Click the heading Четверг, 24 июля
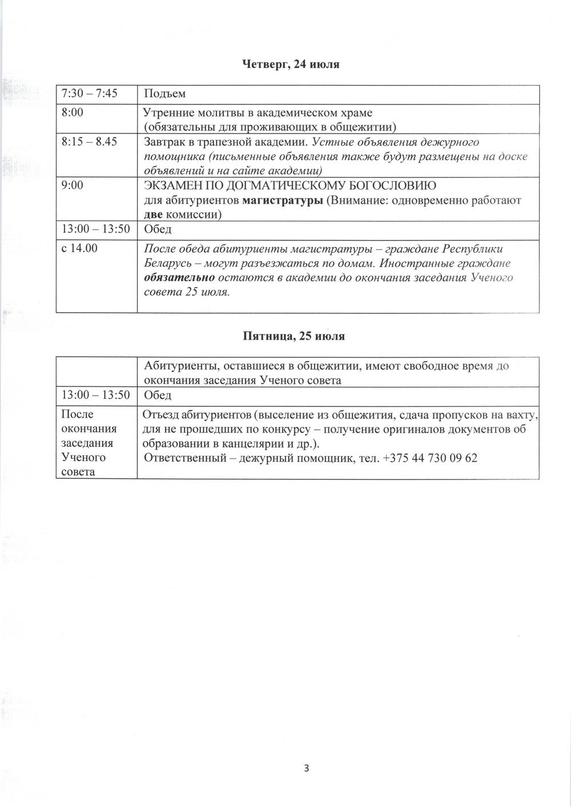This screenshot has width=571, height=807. (x=291, y=64)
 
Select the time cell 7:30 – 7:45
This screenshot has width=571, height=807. (x=89, y=93)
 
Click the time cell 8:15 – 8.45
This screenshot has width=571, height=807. (x=89, y=142)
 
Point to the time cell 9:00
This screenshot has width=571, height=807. (x=73, y=185)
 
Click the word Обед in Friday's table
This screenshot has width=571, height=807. (x=158, y=395)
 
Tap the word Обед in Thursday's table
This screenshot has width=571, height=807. (x=158, y=229)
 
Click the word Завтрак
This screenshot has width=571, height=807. (x=166, y=142)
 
